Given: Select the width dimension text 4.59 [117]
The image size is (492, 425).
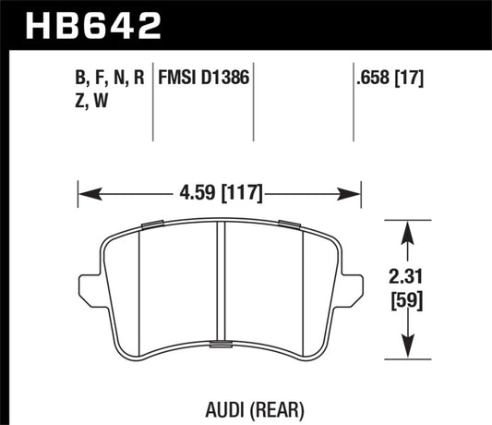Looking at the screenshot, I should (x=220, y=194).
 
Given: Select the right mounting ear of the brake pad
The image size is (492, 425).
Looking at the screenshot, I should (x=352, y=288).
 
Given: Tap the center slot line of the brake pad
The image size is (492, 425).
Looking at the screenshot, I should (x=220, y=282).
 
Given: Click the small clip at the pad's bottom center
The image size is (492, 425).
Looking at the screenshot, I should (x=222, y=345).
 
